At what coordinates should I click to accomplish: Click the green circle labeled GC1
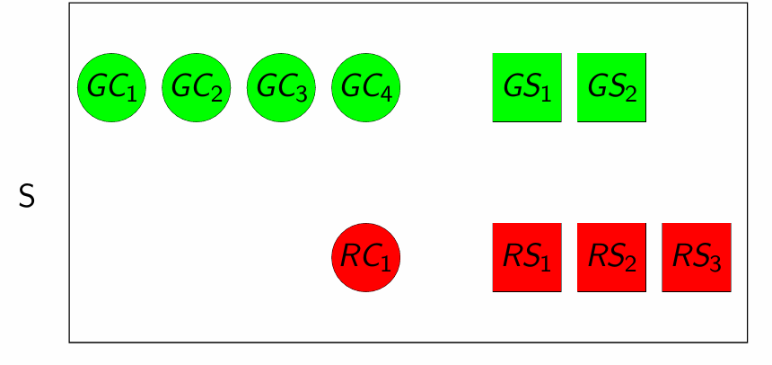point(111,88)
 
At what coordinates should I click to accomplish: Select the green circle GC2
point(197,88)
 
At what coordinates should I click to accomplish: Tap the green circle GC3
point(281,88)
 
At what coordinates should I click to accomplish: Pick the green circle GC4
point(365,88)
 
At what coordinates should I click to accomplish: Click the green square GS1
point(527,88)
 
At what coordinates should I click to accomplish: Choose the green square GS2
point(611,88)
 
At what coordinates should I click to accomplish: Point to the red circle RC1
point(365,258)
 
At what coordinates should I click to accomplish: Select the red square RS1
point(527,258)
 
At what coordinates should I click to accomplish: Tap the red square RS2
point(611,258)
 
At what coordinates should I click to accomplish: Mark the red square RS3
point(697,258)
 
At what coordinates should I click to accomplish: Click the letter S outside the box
point(27,197)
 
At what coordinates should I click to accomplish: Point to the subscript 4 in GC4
point(385,94)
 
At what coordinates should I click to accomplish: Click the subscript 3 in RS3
point(715,264)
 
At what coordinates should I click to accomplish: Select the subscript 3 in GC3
point(301,94)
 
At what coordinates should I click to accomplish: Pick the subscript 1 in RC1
point(384,264)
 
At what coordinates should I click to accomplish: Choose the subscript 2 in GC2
point(215,94)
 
